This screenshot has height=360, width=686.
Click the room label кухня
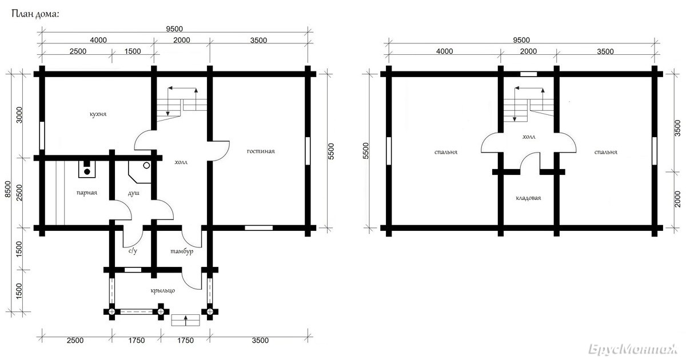[98, 114]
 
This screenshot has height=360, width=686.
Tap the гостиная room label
[261, 151]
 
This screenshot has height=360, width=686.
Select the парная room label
[87, 193]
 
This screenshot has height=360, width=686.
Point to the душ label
[134, 193]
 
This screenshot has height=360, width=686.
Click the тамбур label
[182, 251]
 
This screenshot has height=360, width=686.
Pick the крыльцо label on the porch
[162, 290]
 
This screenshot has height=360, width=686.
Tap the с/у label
[133, 251]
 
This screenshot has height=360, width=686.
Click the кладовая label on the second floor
[528, 198]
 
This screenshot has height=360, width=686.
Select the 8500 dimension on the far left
[8, 189]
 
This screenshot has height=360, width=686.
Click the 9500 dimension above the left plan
[174, 29]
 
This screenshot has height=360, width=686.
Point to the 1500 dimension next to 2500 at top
[133, 51]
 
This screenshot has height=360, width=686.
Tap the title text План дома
[35, 14]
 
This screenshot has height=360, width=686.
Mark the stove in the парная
[87, 169]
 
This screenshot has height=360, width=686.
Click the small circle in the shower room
[147, 166]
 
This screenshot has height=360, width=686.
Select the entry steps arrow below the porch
[186, 321]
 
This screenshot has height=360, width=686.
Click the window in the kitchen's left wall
[42, 135]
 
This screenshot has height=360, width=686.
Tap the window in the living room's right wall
[308, 151]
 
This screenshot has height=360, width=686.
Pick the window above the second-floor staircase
[529, 74]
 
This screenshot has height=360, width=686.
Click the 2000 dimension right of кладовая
[678, 199]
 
